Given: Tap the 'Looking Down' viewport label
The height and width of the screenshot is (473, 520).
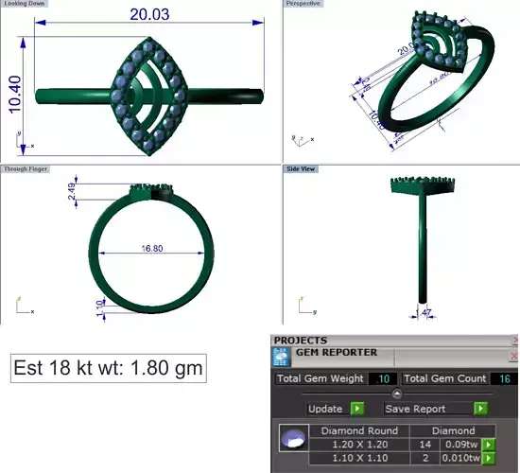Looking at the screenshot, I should (23, 4).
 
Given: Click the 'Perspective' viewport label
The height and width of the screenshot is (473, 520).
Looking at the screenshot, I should (303, 4).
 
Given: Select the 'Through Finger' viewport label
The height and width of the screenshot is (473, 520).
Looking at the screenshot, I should (26, 169).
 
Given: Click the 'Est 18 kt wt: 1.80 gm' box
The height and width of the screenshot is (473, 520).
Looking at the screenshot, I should (108, 367).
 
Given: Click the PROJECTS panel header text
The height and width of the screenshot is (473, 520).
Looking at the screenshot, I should (300, 340).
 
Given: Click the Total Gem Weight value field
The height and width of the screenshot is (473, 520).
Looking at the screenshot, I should (383, 378).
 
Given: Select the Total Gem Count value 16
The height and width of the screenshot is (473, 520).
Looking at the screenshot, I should (505, 378).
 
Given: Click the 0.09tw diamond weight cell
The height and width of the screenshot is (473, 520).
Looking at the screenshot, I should (461, 444).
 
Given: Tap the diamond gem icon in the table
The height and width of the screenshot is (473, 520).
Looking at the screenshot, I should (294, 438).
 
